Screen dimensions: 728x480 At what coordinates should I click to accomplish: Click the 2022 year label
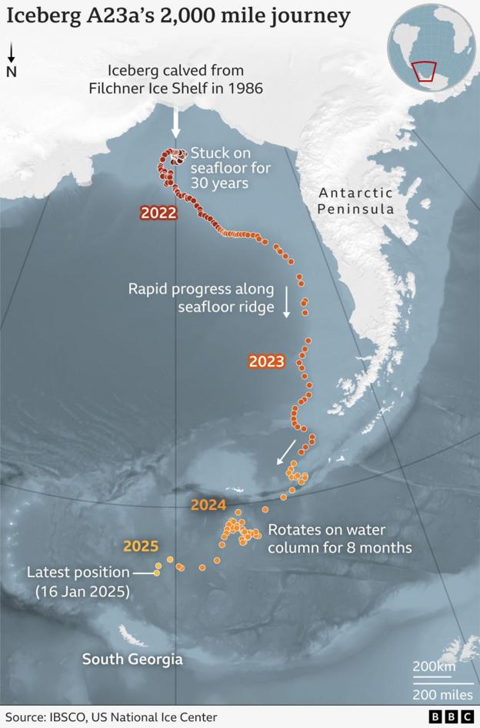tap(158, 213)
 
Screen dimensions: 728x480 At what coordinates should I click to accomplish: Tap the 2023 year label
tap(266, 361)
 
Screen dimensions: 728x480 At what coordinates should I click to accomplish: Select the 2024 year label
tap(208, 505)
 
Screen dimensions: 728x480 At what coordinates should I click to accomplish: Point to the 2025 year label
tap(141, 547)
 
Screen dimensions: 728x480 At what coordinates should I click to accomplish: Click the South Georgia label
tap(132, 659)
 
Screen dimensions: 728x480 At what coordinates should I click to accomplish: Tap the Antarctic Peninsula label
tap(356, 201)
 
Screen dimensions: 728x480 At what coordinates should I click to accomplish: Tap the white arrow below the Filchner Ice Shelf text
tap(175, 120)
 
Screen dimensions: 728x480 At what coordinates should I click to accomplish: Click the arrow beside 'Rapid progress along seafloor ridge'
tap(286, 303)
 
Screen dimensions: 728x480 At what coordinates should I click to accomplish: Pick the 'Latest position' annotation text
tap(78, 573)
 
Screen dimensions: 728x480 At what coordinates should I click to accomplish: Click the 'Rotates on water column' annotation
tap(339, 539)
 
